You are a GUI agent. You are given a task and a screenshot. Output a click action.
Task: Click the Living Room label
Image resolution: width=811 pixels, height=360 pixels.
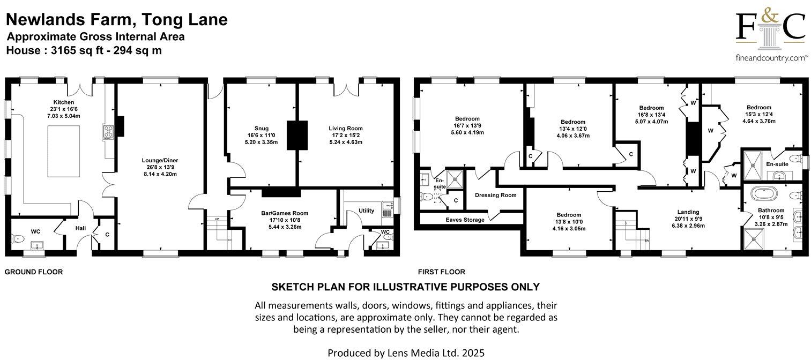tap(346, 128)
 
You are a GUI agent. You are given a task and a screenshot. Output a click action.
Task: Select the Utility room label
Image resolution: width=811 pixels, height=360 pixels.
tap(367, 211)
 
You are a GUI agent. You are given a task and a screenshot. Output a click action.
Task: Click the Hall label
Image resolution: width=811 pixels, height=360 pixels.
tap(80, 228)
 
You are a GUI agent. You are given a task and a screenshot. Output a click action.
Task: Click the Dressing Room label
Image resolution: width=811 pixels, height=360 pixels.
tap(495, 195)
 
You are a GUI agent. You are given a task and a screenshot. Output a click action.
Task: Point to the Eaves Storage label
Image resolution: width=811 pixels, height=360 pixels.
tap(465, 220)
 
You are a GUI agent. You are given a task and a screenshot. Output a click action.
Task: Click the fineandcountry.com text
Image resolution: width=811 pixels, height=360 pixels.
tap(771, 57)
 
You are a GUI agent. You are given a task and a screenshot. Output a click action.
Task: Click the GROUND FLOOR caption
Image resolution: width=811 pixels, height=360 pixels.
tap(34, 272)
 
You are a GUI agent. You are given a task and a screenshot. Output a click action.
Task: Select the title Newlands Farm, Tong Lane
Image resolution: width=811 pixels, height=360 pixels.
tap(117, 20)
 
